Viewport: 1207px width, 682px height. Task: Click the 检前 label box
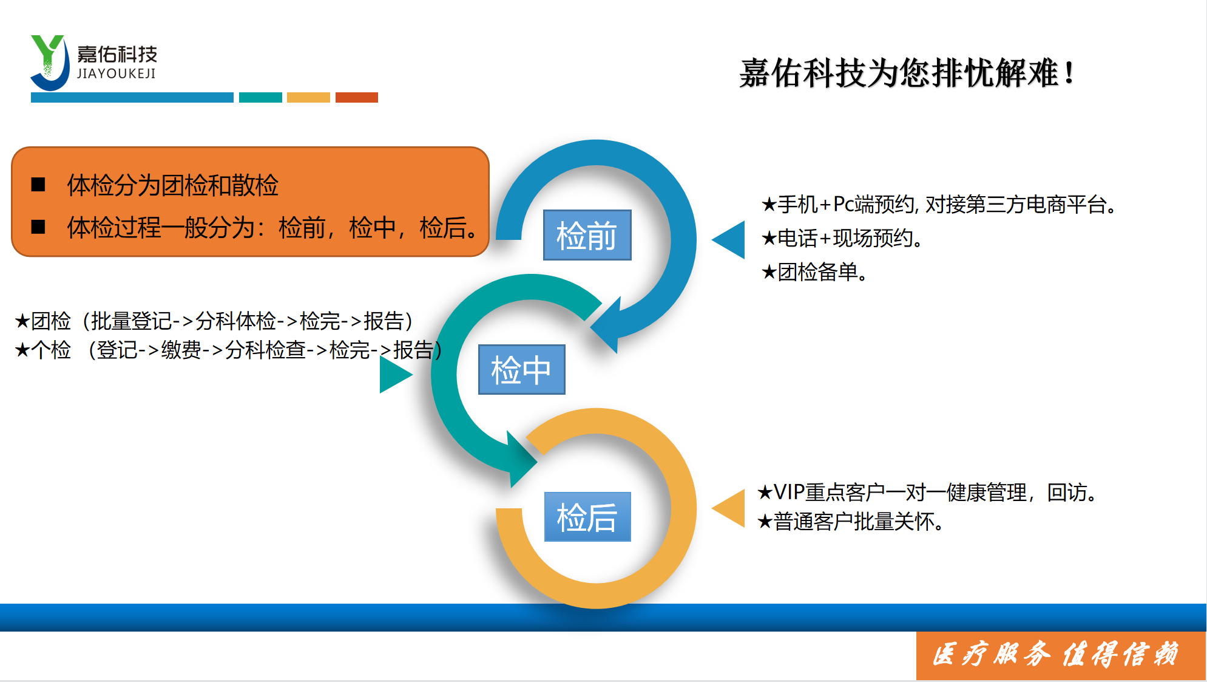tap(587, 235)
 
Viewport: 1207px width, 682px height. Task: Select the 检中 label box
tap(521, 369)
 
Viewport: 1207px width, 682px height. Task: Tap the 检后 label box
tap(587, 517)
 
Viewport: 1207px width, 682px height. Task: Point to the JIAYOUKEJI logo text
tap(117, 73)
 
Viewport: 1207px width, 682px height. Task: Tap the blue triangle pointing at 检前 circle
tap(728, 240)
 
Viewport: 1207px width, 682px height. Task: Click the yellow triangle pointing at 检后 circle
tap(728, 508)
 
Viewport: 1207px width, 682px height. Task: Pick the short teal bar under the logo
tap(260, 97)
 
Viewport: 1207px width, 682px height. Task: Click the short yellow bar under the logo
tap(308, 97)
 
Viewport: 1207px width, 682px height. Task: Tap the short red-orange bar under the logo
tap(357, 97)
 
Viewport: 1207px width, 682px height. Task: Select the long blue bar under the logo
tap(132, 97)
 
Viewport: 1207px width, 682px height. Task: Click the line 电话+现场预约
tap(842, 238)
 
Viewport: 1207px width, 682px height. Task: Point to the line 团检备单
tap(814, 272)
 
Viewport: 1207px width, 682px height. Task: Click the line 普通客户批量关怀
tap(850, 522)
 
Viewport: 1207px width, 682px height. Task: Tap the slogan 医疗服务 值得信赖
tap(1056, 655)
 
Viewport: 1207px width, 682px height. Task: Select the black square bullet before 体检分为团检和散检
tap(38, 185)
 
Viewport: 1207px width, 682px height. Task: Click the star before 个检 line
tap(22, 350)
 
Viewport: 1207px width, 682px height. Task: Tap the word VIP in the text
tap(789, 492)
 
